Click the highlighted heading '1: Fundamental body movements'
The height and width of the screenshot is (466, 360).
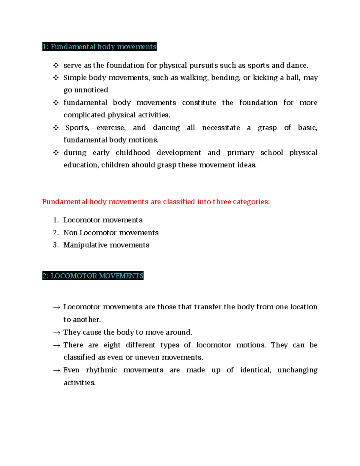click(99, 47)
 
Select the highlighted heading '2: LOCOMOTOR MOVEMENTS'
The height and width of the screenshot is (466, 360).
click(93, 276)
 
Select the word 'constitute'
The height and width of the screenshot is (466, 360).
click(199, 103)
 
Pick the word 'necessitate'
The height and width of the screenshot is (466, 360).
click(221, 128)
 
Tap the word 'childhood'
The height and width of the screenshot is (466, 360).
click(133, 153)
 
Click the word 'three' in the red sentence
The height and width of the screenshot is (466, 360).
click(222, 202)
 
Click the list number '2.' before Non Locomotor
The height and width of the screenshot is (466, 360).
click(56, 233)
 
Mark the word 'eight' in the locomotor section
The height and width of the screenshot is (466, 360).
click(112, 345)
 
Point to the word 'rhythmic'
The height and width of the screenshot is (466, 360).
click(101, 370)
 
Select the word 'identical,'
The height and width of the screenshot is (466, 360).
click(255, 370)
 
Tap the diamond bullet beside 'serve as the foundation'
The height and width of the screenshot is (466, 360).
click(56, 65)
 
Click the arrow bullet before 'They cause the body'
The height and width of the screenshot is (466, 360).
click(56, 332)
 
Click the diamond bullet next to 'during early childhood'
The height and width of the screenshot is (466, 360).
click(56, 153)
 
